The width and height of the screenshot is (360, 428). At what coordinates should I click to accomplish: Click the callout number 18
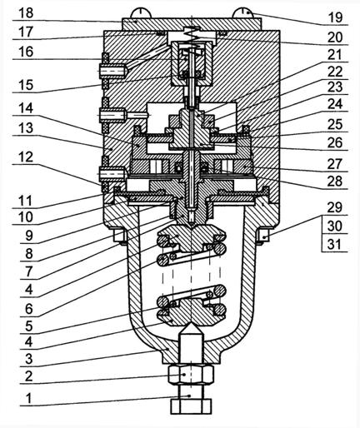click(x=26, y=13)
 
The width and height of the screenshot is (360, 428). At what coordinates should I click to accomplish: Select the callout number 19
click(x=335, y=17)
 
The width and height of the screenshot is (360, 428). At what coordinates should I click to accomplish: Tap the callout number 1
click(x=29, y=399)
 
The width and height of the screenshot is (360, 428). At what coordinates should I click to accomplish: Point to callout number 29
click(x=334, y=207)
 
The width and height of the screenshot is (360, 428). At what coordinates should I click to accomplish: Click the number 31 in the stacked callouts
click(x=334, y=245)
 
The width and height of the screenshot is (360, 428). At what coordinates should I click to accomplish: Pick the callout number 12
click(x=26, y=157)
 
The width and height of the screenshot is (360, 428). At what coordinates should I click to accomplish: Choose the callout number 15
click(x=26, y=85)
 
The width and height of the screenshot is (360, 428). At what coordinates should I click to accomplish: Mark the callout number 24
click(x=335, y=104)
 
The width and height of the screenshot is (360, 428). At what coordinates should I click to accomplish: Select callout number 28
click(x=335, y=182)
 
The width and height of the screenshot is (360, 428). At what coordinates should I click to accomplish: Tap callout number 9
click(x=29, y=236)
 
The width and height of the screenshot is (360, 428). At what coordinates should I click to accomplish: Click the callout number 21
click(x=334, y=55)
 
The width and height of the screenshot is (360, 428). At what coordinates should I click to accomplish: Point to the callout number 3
click(x=29, y=359)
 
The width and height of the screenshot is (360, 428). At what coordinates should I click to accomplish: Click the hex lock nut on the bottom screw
click(x=191, y=375)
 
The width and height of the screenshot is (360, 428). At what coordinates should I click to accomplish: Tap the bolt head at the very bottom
click(x=191, y=406)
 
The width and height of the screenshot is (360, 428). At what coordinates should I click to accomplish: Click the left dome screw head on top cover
click(x=141, y=13)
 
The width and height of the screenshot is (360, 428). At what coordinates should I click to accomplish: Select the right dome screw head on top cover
click(x=242, y=12)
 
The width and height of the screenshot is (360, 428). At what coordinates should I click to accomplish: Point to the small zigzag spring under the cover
click(x=192, y=36)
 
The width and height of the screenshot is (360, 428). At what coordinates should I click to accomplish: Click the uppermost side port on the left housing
click(x=113, y=70)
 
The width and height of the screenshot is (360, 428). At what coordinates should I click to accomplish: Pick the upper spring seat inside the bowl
click(x=192, y=238)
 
